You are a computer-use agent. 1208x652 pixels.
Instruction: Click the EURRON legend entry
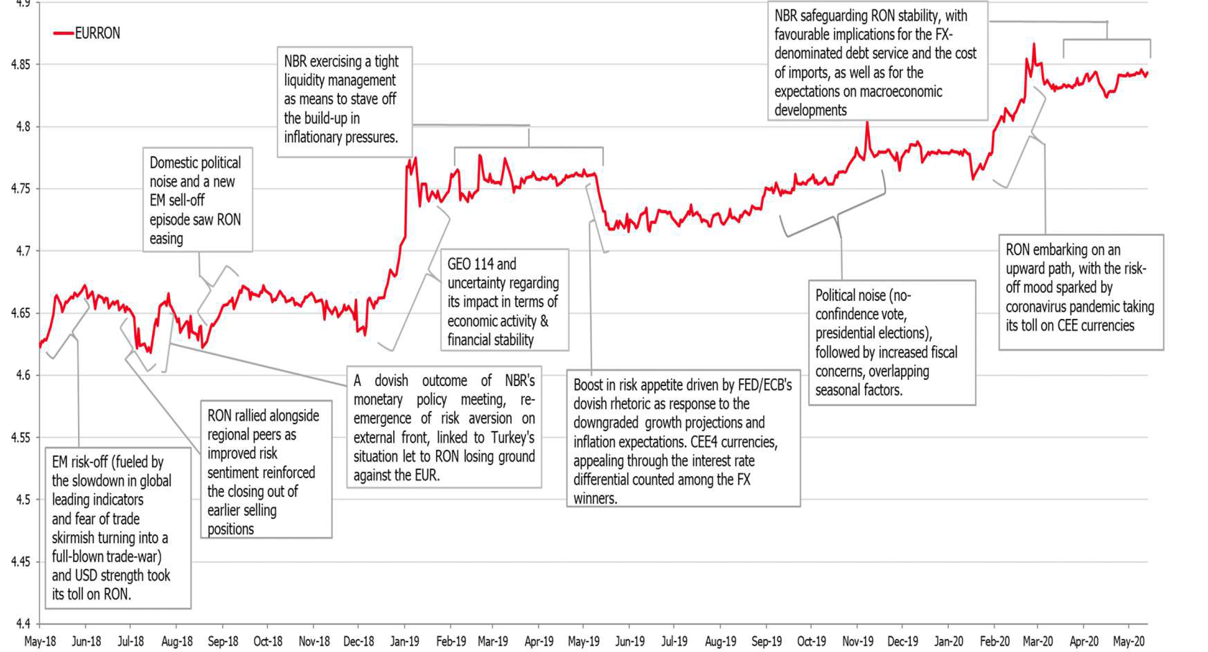pos(97,33)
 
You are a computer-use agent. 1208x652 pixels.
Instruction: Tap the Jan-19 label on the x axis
pos(404,641)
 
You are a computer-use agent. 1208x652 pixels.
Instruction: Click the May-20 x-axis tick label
pos(1129,641)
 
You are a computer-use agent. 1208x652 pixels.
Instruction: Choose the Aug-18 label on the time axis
pos(176,641)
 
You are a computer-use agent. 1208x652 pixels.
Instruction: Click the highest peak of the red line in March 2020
pos(1034,44)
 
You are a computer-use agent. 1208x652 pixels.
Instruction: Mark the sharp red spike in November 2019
pos(867,123)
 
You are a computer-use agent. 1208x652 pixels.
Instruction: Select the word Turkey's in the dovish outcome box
pos(512,438)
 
